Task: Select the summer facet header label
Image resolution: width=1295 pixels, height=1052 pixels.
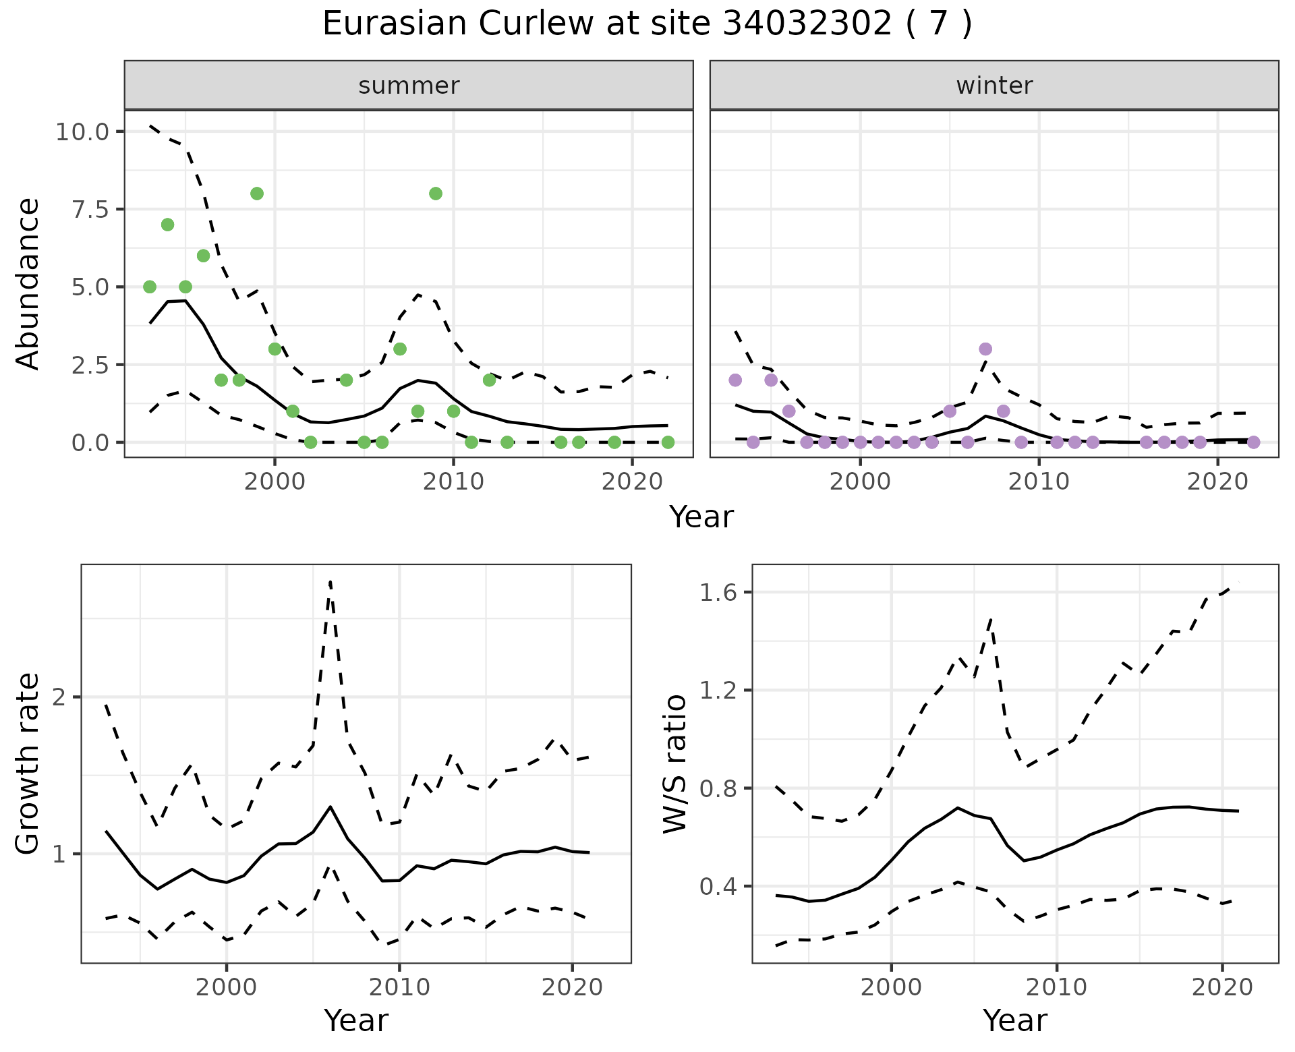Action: tap(409, 86)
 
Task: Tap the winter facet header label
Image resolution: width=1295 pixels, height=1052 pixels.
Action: tap(994, 86)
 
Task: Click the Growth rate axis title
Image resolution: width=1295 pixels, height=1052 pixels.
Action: tap(28, 763)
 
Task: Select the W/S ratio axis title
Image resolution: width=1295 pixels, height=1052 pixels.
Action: tap(675, 763)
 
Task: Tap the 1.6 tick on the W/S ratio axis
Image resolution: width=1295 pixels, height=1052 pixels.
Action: tap(718, 593)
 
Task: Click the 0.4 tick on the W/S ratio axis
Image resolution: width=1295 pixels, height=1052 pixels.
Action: tap(718, 887)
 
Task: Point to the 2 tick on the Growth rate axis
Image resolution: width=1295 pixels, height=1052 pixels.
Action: tap(59, 697)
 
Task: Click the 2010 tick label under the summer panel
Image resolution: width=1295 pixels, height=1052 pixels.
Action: tap(453, 481)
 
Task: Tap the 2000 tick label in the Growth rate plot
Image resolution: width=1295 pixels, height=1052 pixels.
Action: tap(227, 987)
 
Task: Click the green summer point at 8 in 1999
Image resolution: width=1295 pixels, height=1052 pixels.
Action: tap(257, 194)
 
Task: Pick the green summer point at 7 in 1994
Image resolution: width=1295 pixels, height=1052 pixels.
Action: tap(167, 225)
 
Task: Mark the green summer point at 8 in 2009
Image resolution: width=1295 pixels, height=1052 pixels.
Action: tap(436, 194)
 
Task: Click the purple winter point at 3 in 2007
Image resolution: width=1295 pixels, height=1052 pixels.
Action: tap(985, 349)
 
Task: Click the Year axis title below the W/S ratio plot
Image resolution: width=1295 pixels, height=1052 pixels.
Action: tap(1014, 1020)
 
